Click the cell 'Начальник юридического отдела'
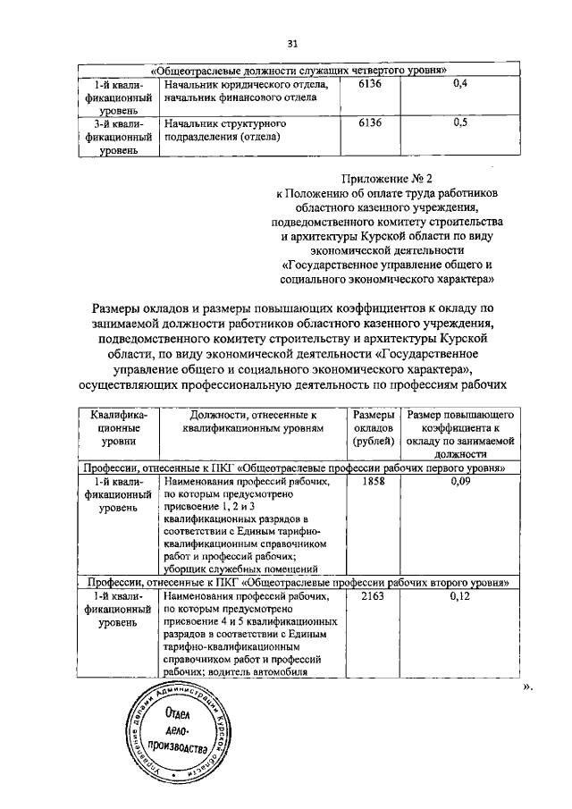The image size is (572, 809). pyautogui.click(x=240, y=85)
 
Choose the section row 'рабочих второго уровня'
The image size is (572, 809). pyautogui.click(x=295, y=582)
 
